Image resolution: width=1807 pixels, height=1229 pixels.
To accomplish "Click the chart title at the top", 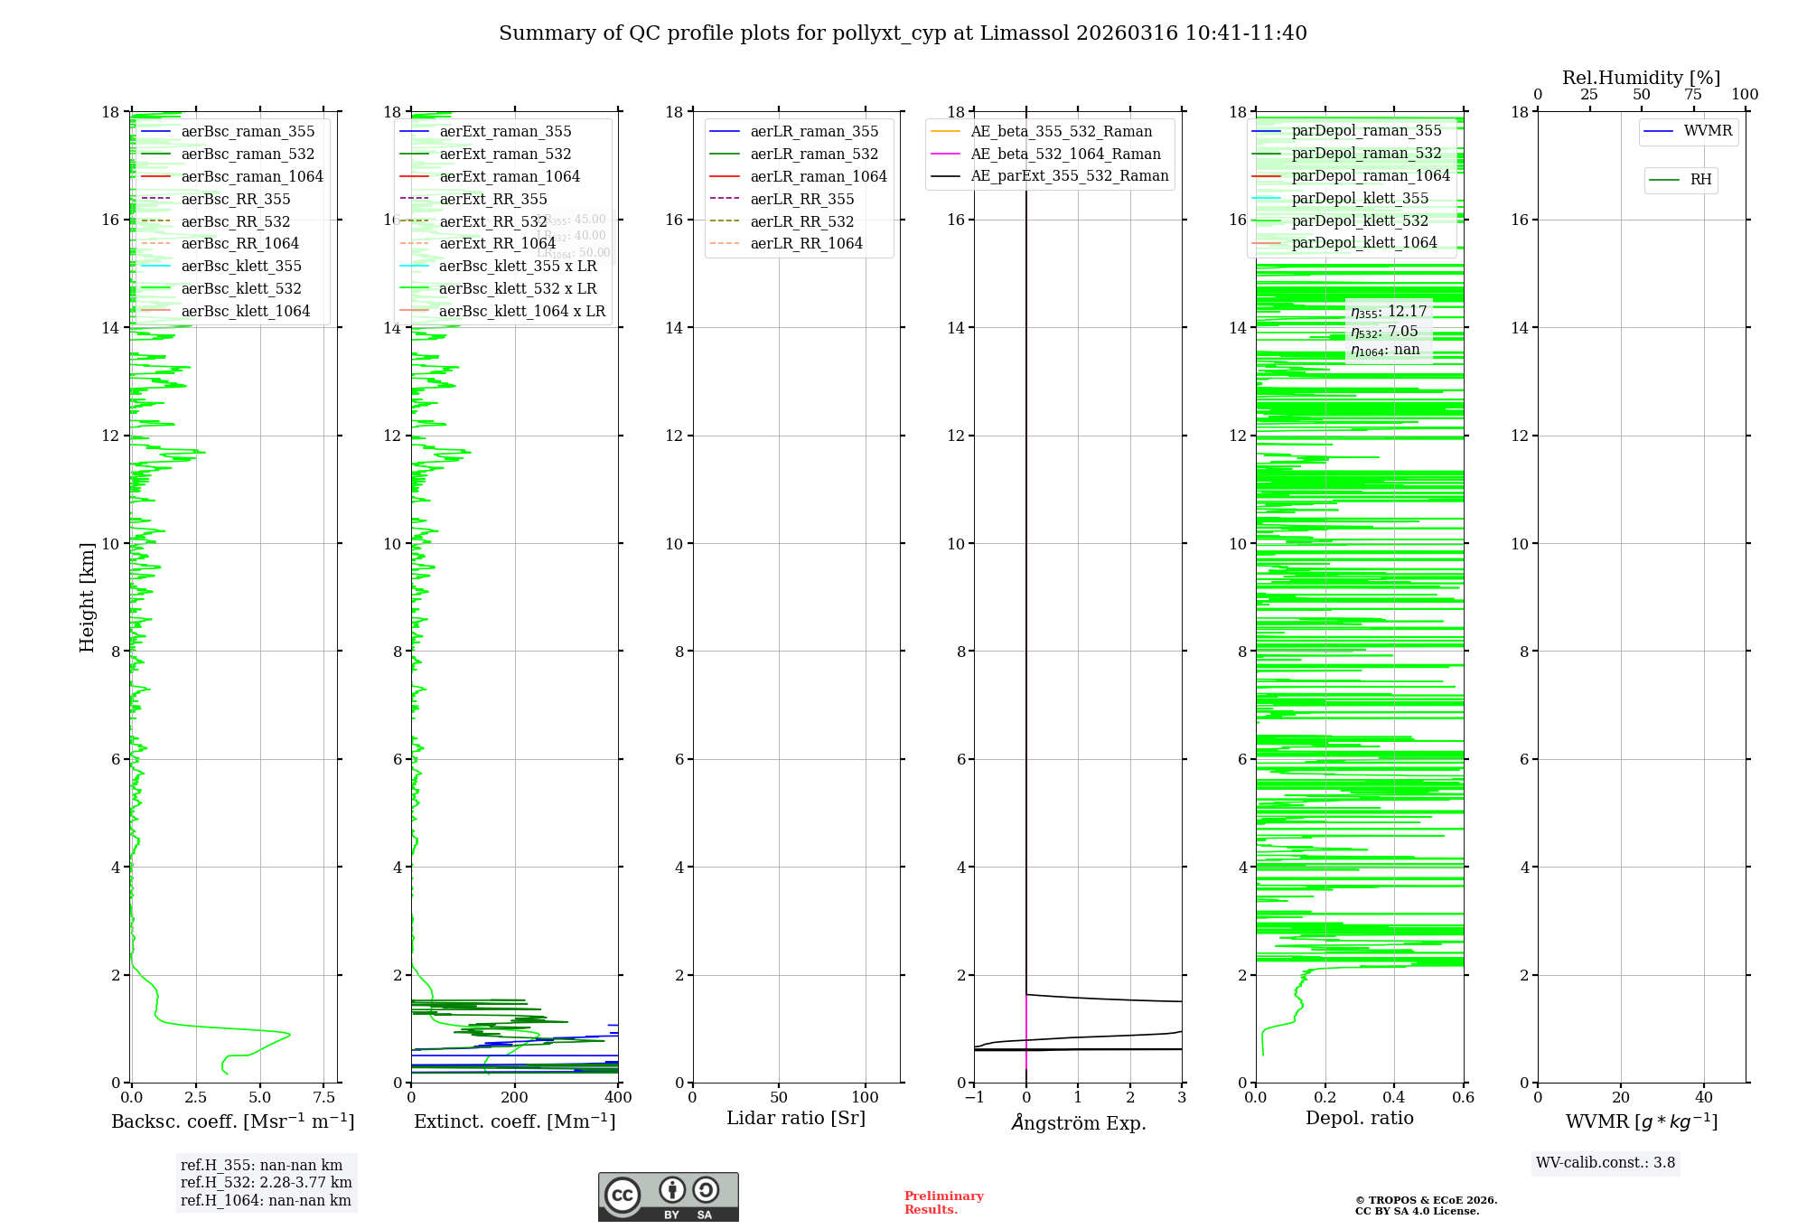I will point(903,33).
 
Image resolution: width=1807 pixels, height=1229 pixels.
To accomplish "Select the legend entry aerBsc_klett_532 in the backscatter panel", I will point(240,288).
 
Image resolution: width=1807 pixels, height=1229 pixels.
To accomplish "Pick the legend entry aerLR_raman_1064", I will point(818,176).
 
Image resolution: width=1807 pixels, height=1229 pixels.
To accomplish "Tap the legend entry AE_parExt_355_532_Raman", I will point(1069,176).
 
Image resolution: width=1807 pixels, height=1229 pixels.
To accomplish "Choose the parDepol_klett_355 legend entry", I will point(1359,198).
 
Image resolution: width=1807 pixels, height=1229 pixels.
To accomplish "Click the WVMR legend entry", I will point(1707,131).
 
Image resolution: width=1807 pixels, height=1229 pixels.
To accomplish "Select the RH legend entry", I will point(1700,180).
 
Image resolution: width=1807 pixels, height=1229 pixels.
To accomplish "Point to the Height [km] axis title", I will point(87,597).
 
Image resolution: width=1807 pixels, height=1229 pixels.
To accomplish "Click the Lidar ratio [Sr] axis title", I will point(795,1118).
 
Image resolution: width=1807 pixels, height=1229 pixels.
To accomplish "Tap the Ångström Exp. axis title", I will point(1078,1122).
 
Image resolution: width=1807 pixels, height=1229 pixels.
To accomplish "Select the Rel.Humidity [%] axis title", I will point(1641,78).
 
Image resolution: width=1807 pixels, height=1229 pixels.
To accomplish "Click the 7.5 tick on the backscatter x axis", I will point(324,1098).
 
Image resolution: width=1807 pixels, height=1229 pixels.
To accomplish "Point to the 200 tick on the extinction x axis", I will point(515,1098).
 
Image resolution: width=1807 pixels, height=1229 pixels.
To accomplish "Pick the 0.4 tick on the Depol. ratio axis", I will point(1394,1098).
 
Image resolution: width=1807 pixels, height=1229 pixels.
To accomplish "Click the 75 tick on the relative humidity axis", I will point(1692,95).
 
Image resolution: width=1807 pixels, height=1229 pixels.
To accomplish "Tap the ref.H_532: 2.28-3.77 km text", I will point(266,1182).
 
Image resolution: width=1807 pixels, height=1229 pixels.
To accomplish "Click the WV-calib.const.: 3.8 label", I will point(1605,1163).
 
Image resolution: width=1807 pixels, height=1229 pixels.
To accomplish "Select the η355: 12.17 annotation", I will point(1389,312).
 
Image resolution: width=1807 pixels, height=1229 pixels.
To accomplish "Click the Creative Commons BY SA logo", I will point(668,1197).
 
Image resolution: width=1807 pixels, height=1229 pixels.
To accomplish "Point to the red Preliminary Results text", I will point(943,1203).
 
